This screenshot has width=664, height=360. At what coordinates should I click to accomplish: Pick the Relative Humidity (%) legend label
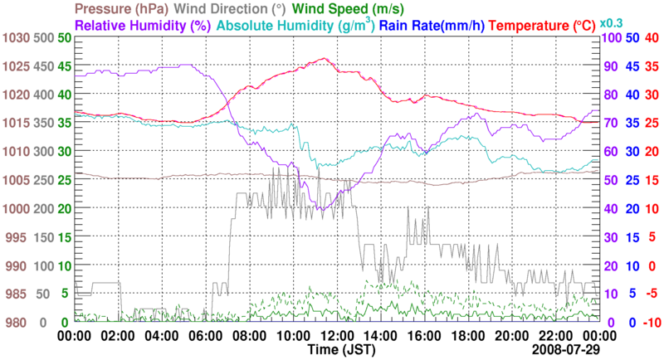(141, 25)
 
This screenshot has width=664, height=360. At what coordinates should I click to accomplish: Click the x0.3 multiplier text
(613, 22)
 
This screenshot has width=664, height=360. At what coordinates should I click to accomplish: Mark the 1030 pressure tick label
(16, 38)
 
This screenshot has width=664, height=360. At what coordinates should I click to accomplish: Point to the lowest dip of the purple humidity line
(320, 210)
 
